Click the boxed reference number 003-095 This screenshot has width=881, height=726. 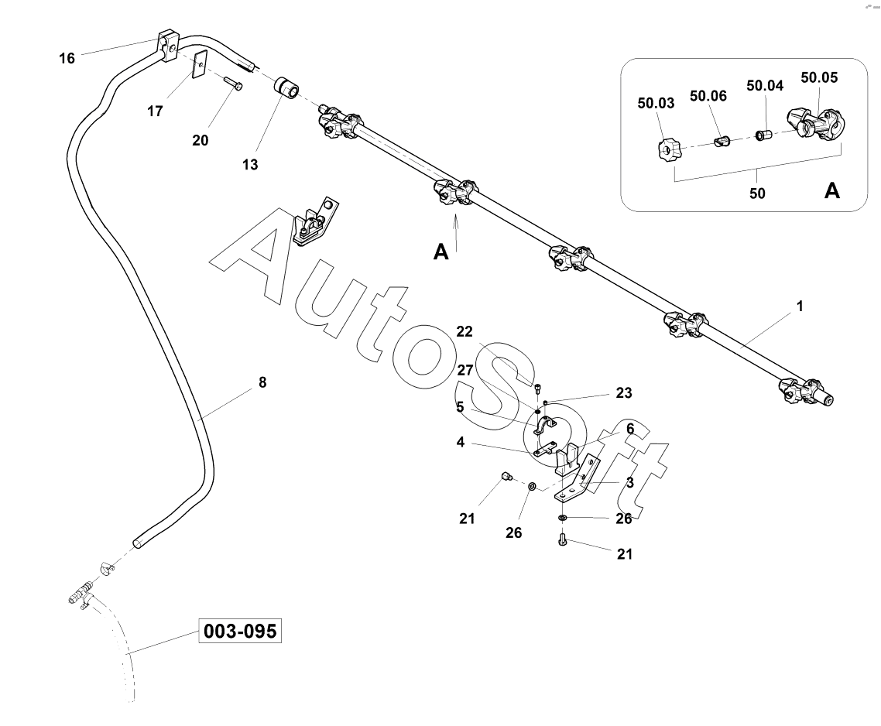click(239, 632)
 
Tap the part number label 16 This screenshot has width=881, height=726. click(67, 58)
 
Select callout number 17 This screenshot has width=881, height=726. click(155, 111)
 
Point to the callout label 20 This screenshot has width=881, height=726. click(201, 140)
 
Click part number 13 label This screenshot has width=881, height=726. click(249, 164)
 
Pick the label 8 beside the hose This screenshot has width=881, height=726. click(262, 382)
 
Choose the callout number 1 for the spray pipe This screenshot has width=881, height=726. click(800, 306)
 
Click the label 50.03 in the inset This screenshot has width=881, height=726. click(656, 101)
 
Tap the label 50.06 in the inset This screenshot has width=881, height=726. click(708, 95)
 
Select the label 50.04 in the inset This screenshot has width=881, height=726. click(765, 85)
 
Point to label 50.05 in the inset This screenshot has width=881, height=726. click(819, 77)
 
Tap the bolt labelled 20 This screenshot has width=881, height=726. click(231, 82)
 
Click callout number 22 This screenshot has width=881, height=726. click(464, 331)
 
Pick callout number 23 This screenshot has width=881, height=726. click(624, 393)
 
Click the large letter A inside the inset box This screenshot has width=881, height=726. click(832, 190)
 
